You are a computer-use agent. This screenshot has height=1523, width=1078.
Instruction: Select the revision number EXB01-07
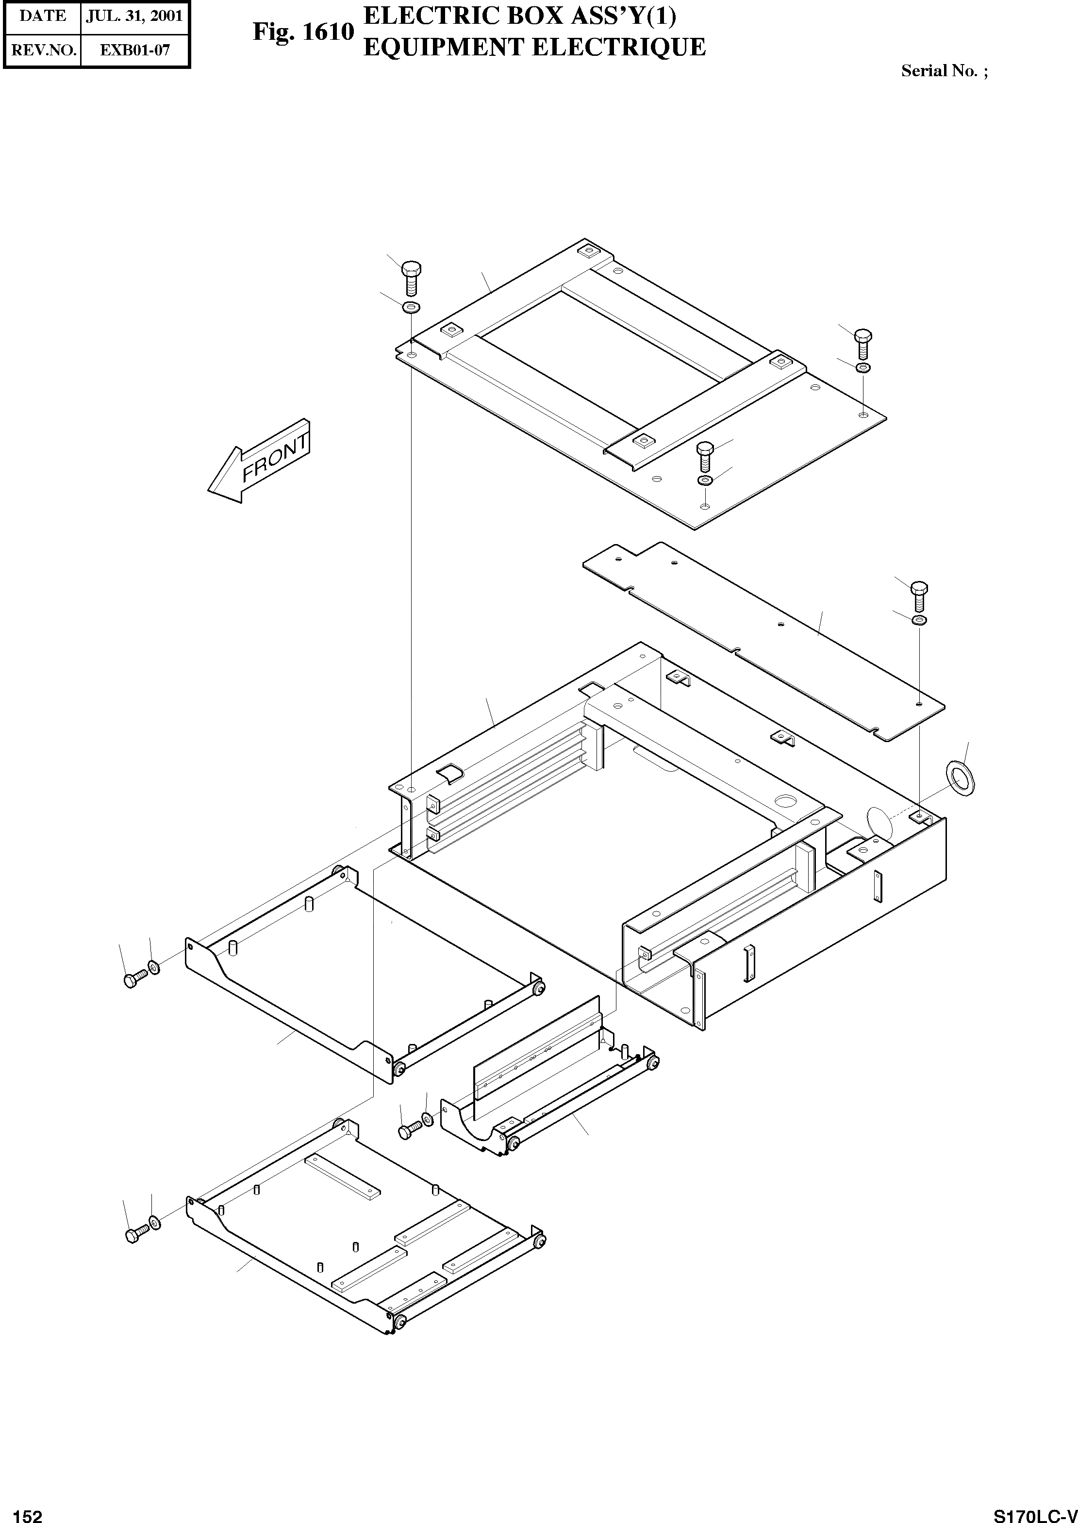pyautogui.click(x=135, y=50)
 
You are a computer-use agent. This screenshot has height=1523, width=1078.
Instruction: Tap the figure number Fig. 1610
pyautogui.click(x=303, y=32)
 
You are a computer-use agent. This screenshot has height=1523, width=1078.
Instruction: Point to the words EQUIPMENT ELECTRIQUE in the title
pyautogui.click(x=534, y=48)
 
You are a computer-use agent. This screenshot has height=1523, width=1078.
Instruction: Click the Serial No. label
pyautogui.click(x=943, y=71)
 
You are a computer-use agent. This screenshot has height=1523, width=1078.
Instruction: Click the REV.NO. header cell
pyautogui.click(x=42, y=50)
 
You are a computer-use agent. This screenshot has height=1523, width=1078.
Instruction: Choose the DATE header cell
pyautogui.click(x=42, y=16)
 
